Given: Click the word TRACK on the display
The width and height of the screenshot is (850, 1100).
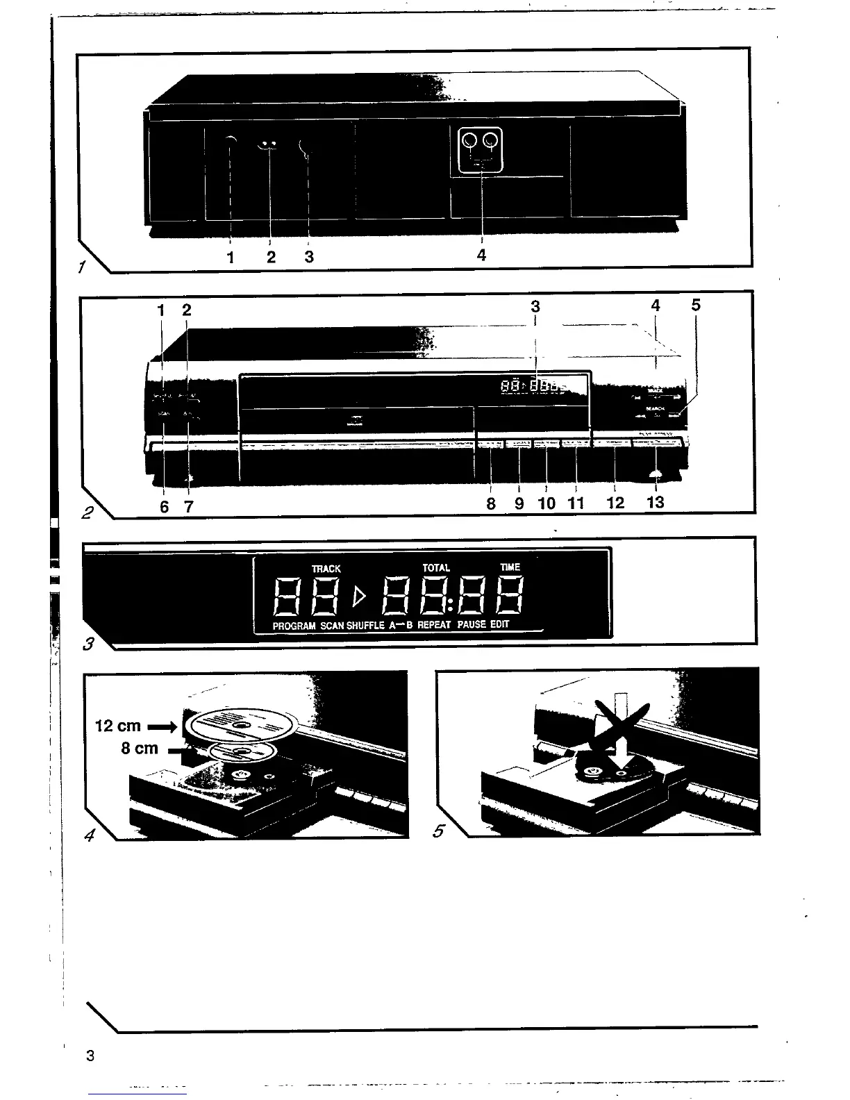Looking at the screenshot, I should pos(326,568).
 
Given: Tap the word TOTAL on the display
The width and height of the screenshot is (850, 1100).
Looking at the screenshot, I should pos(436,567).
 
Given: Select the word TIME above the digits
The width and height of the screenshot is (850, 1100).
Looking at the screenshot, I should pos(510,567).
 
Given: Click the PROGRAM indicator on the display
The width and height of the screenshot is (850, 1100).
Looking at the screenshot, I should pos(294,626).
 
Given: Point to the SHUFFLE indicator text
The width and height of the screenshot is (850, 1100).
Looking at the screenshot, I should pos(365,626).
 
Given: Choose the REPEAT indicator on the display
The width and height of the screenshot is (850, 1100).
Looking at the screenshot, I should pos(435,625).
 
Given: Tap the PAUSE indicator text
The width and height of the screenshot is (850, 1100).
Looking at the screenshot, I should pos(472,624).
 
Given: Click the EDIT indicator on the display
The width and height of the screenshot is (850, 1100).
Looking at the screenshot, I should pos(500,624).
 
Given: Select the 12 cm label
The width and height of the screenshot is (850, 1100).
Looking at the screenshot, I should pos(117,726).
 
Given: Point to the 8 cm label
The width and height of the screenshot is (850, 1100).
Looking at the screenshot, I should pos(140,749).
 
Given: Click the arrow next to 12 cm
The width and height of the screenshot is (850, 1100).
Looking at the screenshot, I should pos(162,727).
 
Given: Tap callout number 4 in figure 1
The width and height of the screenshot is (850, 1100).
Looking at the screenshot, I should pos(481,255).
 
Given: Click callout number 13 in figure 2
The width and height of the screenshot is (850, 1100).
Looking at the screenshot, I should pos(655,501).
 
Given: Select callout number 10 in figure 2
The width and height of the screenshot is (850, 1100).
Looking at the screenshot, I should pos(547,503).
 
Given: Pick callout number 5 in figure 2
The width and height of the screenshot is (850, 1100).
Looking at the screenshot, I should pos(696,305).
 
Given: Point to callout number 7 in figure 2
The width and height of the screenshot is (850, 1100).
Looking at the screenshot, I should pos(188,507).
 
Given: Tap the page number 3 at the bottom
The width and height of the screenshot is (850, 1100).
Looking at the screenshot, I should pos(90,1056).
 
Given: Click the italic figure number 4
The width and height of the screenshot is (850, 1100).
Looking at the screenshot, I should pos(89,835).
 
